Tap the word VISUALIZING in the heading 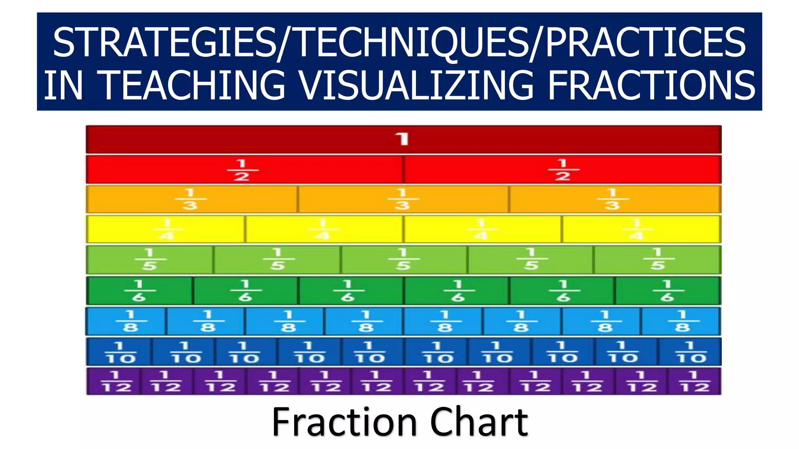click(416, 85)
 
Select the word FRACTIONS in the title click(652, 85)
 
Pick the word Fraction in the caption click(344, 422)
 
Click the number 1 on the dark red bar click(402, 139)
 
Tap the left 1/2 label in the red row click(242, 170)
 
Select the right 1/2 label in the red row click(563, 170)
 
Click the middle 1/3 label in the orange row click(403, 199)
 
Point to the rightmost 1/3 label click(613, 199)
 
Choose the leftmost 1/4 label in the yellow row click(167, 229)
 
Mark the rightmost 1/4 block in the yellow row click(641, 229)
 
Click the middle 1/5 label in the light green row click(403, 259)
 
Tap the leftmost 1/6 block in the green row click(139, 291)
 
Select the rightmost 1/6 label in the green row click(667, 291)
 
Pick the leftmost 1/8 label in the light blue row click(130, 321)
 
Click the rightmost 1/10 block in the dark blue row click(690, 352)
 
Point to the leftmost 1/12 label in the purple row click(116, 382)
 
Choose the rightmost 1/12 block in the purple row click(694, 382)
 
